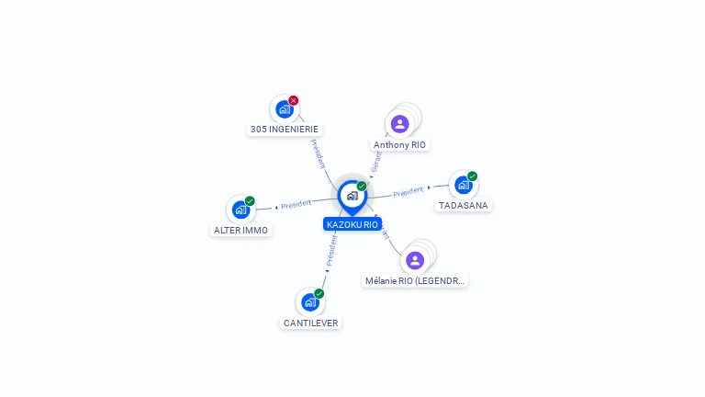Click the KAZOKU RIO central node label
click(352, 224)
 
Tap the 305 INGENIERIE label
click(285, 130)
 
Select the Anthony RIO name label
click(400, 145)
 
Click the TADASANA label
click(463, 206)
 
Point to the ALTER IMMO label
click(241, 231)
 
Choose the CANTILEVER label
click(311, 323)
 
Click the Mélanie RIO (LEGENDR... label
click(416, 281)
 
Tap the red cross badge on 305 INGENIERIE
click(294, 100)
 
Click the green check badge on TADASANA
click(473, 176)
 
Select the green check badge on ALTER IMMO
click(250, 201)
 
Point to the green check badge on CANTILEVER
click(319, 293)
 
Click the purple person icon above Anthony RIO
click(399, 123)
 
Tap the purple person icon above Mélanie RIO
click(415, 260)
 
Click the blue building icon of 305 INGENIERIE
click(284, 109)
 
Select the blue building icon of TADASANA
click(463, 185)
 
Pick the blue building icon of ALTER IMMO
click(241, 210)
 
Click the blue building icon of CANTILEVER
click(310, 302)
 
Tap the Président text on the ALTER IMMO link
click(297, 203)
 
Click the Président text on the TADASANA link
click(408, 192)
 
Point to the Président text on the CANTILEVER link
click(331, 249)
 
